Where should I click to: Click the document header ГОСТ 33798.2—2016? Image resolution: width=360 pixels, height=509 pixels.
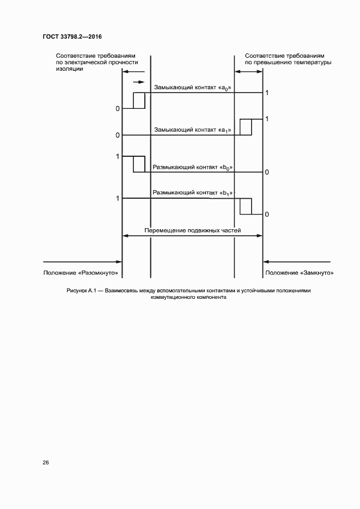tap(72, 36)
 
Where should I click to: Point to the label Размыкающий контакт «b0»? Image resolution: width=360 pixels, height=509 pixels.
tap(193, 168)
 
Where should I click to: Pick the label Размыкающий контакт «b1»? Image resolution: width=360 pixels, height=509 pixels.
tap(193, 193)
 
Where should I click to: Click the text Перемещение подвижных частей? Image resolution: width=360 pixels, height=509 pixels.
tap(193, 230)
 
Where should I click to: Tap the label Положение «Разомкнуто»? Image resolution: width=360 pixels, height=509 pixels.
tap(81, 272)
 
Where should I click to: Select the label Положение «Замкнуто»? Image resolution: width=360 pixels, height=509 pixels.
tap(299, 272)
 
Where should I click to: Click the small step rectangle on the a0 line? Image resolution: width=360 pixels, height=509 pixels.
tap(139, 101)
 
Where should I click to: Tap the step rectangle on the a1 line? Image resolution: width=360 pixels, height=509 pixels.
tap(246, 127)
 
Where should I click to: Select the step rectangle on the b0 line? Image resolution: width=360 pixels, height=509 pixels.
tap(139, 164)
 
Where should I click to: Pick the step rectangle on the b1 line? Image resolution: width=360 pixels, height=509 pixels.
tap(246, 206)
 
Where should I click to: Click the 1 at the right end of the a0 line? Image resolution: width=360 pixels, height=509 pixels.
tap(267, 93)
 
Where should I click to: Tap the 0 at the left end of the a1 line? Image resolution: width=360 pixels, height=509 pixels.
tap(118, 135)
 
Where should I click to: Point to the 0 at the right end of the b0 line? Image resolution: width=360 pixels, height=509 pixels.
tap(267, 173)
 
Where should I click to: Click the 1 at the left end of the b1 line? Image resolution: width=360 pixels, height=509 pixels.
tap(118, 199)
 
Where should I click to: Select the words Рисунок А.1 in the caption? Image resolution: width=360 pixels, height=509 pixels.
tap(81, 291)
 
